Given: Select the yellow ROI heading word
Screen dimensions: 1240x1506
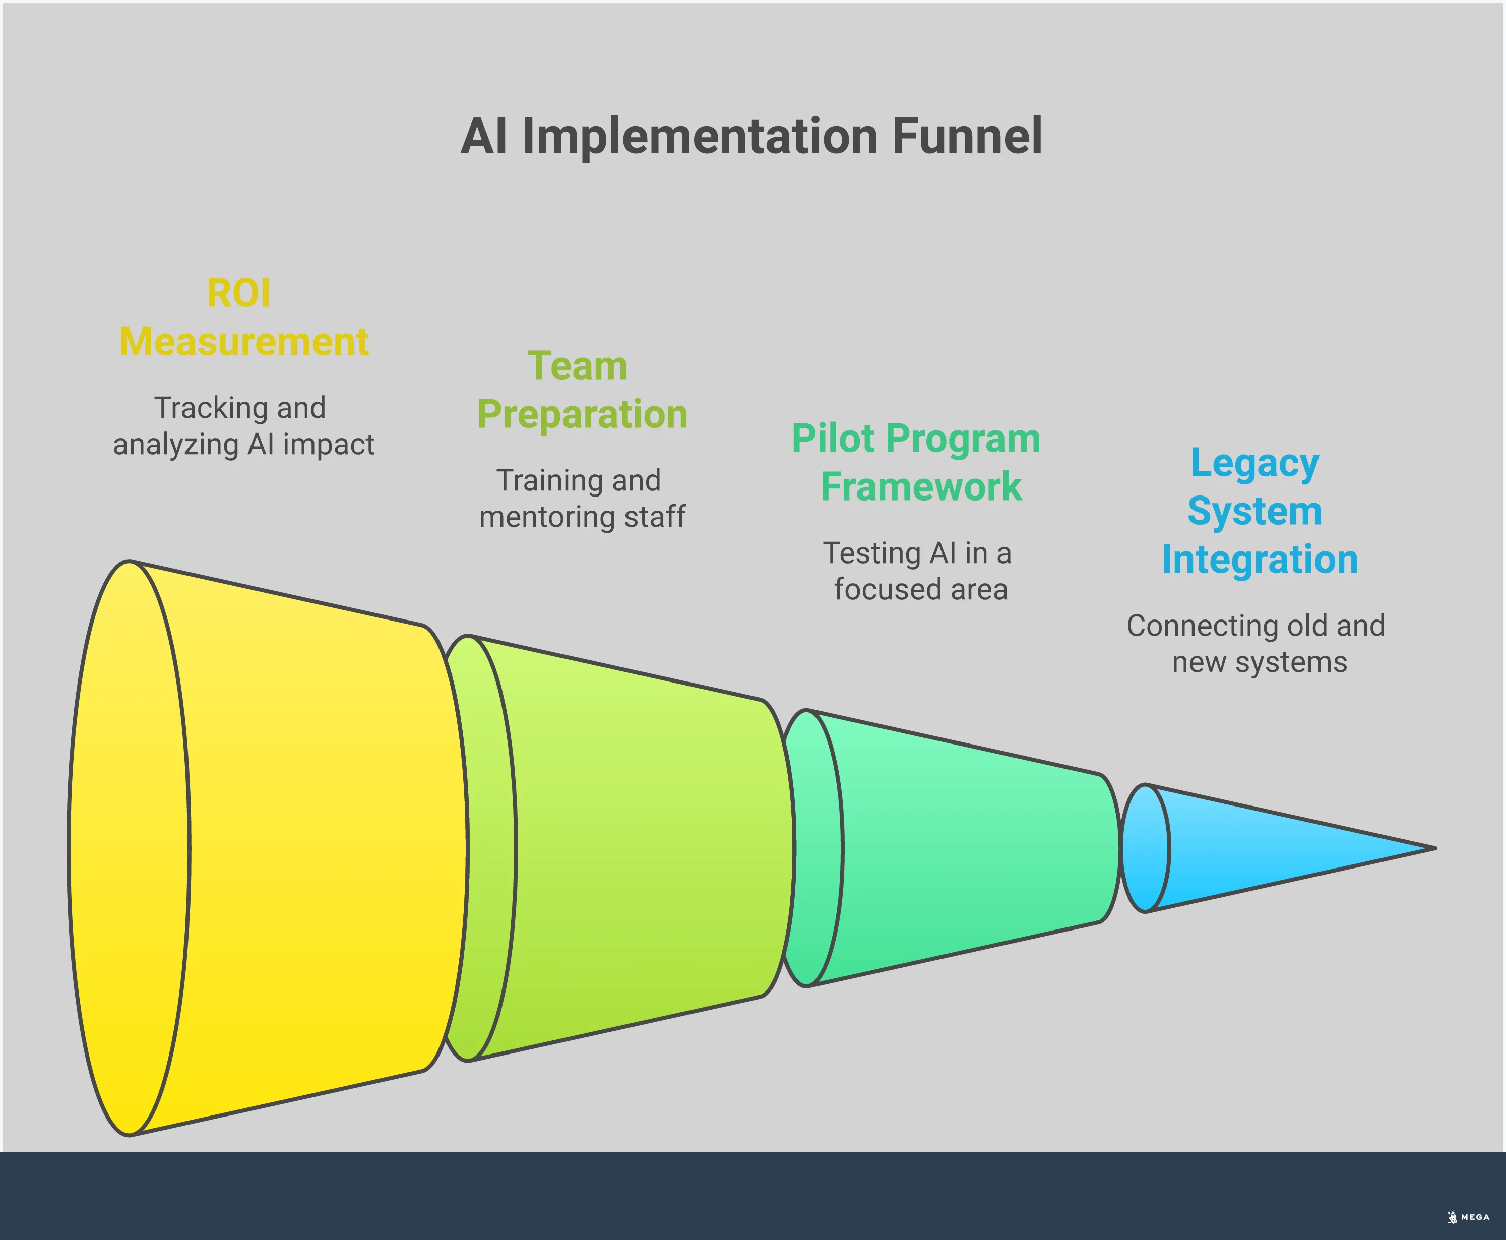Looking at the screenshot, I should (238, 293).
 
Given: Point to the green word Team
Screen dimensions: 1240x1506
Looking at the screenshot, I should (577, 366).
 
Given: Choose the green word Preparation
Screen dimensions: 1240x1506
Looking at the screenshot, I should (582, 414).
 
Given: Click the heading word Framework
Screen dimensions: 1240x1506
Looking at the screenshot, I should (920, 486).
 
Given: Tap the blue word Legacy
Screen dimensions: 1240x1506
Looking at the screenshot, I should (1254, 464).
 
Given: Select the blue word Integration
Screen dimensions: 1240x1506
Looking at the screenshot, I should (1260, 560).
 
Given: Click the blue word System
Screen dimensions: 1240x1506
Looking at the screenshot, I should (1254, 512).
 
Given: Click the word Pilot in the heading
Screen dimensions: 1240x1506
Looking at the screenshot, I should (833, 439).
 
